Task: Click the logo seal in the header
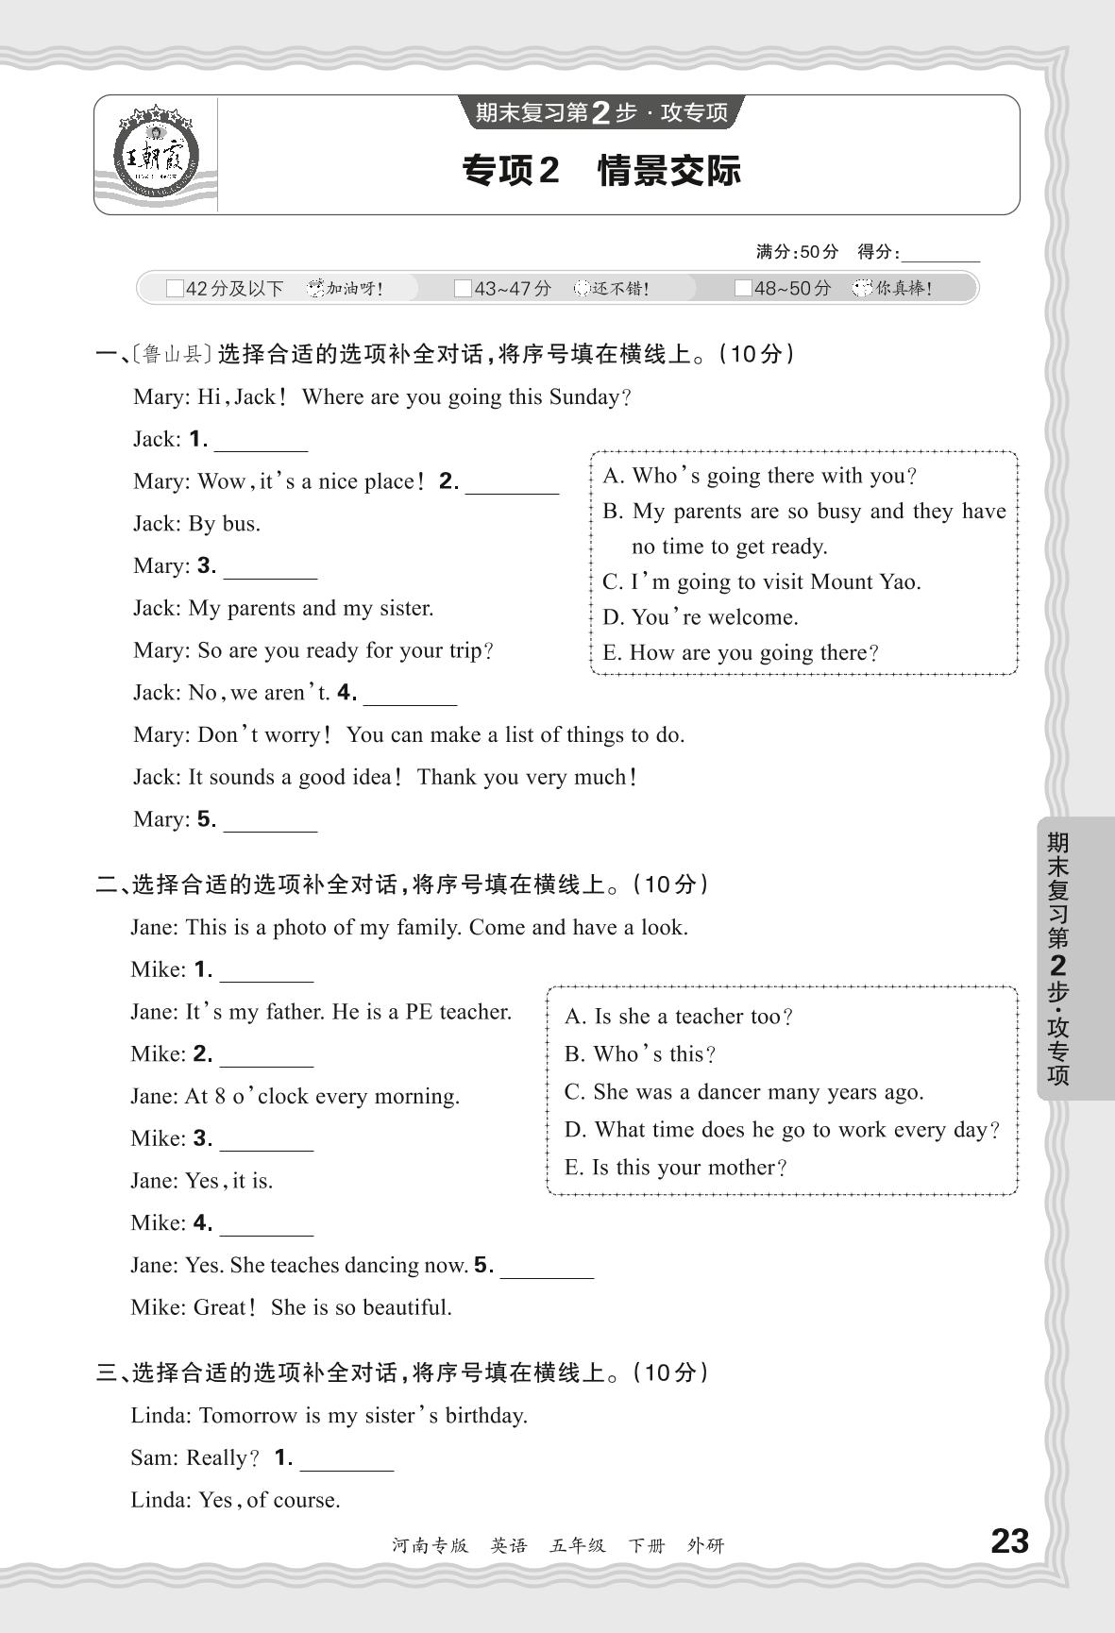157,153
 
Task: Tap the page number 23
1009,1541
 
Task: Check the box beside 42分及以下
175,289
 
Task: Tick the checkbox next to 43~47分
463,289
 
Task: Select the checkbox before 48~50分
743,289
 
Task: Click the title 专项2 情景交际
601,171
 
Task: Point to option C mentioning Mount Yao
761,581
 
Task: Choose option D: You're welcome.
700,617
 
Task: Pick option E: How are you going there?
740,652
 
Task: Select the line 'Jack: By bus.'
196,524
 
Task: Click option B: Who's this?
640,1054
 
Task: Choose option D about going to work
781,1130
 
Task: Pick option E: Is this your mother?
675,1168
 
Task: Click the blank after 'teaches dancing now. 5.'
547,1268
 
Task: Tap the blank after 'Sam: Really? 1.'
346,1460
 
